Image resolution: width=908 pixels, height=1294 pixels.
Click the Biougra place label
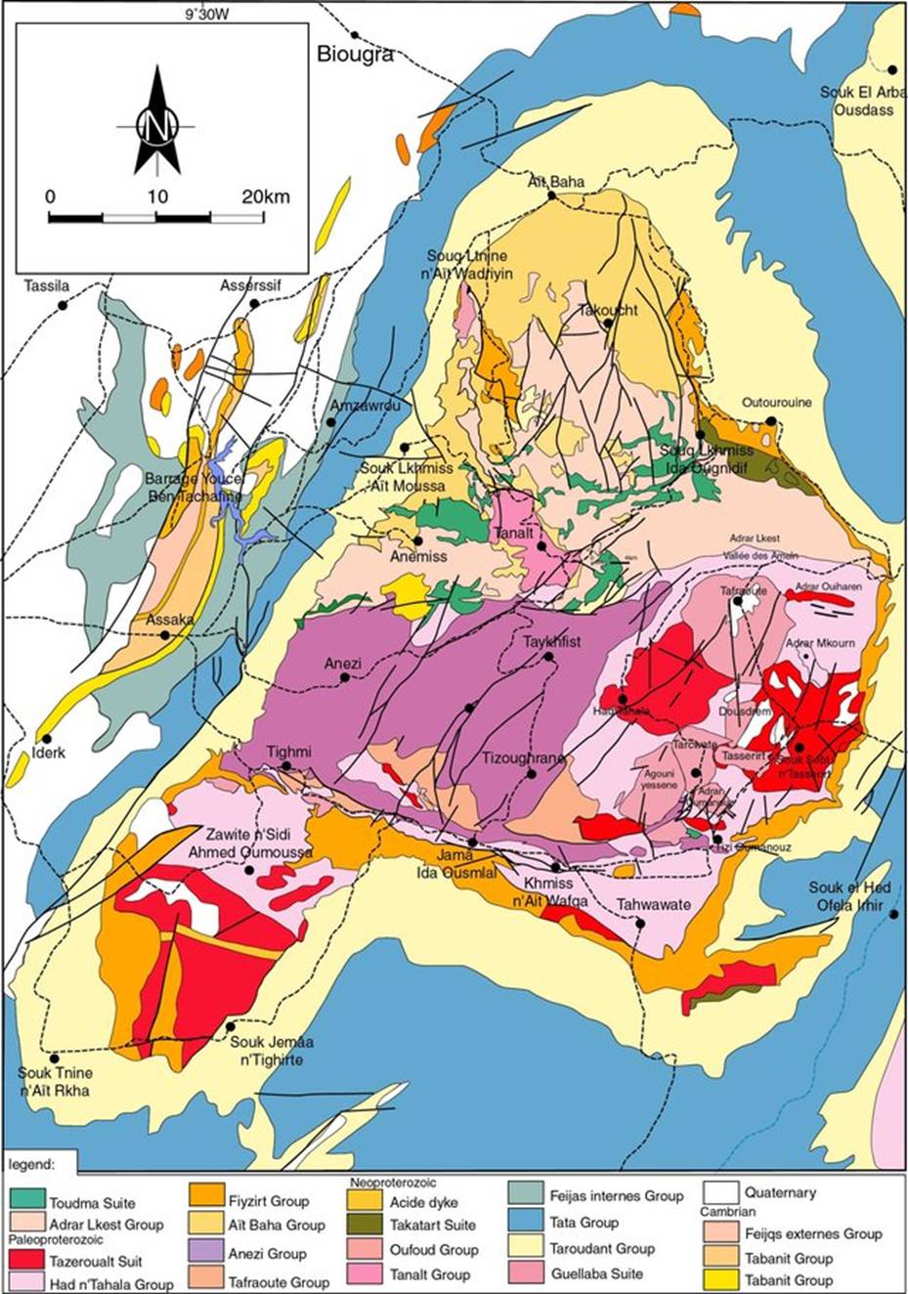[356, 55]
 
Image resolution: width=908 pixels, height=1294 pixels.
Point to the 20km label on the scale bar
[266, 196]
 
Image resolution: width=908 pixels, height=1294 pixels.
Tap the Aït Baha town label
[556, 182]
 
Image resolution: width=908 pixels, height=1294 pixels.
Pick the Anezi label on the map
[343, 664]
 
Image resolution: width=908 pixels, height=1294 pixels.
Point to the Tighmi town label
[289, 752]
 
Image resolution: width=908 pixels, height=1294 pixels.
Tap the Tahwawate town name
[653, 904]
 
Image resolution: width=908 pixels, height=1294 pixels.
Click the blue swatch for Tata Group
[530, 1223]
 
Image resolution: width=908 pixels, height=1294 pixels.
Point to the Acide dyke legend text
[423, 1202]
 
